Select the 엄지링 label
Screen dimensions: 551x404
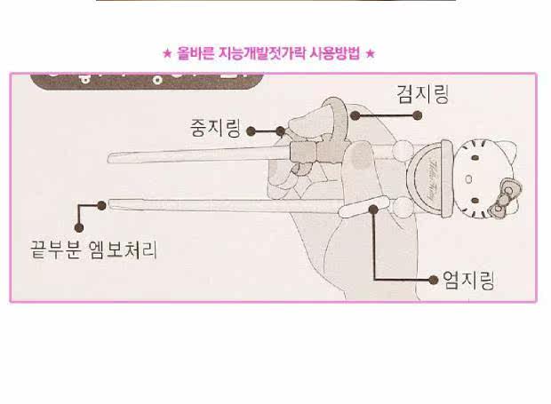coord(467,281)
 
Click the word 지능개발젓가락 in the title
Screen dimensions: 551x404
coord(259,53)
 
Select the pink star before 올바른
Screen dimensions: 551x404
coord(166,53)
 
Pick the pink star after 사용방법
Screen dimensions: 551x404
coord(371,53)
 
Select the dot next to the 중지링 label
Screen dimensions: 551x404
coord(252,130)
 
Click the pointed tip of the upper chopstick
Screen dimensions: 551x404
coord(109,158)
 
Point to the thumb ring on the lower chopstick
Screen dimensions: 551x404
coord(363,210)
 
